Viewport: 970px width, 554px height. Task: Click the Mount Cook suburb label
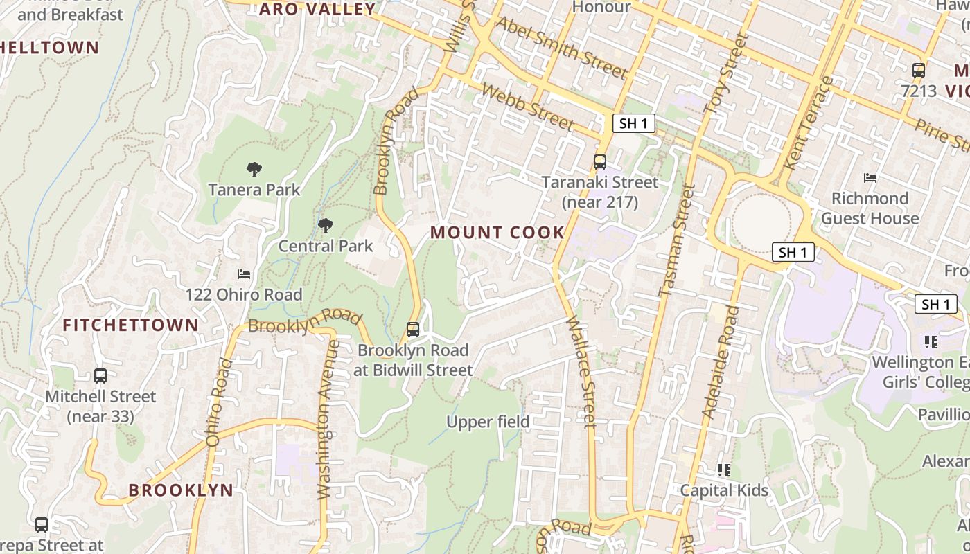click(x=497, y=233)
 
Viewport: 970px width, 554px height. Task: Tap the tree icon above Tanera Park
click(x=254, y=169)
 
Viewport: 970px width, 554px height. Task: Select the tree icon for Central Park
click(x=325, y=225)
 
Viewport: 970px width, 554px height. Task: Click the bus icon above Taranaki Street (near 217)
click(x=600, y=162)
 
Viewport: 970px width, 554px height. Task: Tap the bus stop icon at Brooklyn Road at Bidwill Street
click(x=413, y=330)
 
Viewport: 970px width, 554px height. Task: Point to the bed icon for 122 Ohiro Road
click(x=243, y=274)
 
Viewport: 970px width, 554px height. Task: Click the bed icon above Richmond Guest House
click(x=870, y=178)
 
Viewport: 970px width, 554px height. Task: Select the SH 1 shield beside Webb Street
click(x=634, y=124)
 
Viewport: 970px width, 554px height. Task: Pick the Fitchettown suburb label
click(x=130, y=325)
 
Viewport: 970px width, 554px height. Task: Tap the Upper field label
click(x=488, y=422)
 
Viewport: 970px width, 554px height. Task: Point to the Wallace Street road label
click(x=581, y=373)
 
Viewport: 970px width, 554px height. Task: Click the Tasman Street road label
click(x=676, y=240)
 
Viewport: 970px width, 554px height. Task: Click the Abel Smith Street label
click(x=562, y=48)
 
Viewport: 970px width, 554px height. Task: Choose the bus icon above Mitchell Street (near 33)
click(x=100, y=376)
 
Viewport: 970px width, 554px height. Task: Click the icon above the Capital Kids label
click(x=724, y=470)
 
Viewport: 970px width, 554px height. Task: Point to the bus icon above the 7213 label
click(x=918, y=70)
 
